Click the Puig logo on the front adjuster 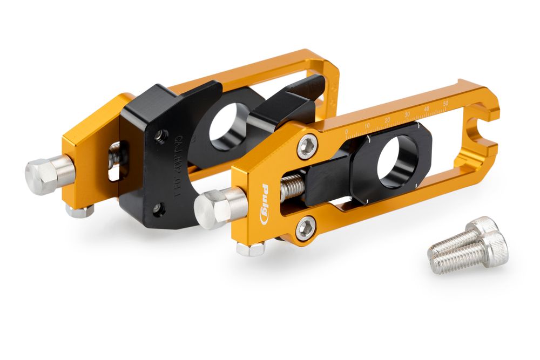click(266, 205)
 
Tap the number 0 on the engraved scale click(347, 131)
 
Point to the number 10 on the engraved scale click(367, 126)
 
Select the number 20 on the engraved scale click(387, 119)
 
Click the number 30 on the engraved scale click(407, 114)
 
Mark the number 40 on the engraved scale click(426, 108)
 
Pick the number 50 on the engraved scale click(445, 103)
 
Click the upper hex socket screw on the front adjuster click(307, 146)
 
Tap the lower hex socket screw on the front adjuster click(305, 228)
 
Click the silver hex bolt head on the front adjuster click(212, 208)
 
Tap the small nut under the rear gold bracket click(80, 210)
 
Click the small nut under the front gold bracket click(251, 249)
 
